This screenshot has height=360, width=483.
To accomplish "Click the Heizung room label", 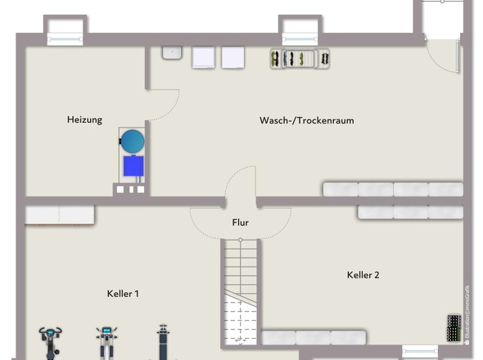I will pyautogui.click(x=84, y=120).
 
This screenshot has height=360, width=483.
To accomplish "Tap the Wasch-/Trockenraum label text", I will pyautogui.click(x=306, y=120).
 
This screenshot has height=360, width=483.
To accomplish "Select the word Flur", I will pyautogui.click(x=240, y=222).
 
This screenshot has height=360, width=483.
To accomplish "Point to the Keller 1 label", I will pyautogui.click(x=123, y=293).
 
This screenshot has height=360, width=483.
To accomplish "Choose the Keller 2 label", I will pyautogui.click(x=363, y=275).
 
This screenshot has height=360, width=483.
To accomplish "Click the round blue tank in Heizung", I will pyautogui.click(x=133, y=139).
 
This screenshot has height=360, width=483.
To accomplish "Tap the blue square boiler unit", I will pyautogui.click(x=133, y=166).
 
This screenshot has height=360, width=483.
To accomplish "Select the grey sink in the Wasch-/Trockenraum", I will pyautogui.click(x=172, y=53).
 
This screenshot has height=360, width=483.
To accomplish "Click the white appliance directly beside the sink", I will pyautogui.click(x=203, y=56).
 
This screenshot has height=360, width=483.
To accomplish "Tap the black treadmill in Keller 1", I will pyautogui.click(x=165, y=342).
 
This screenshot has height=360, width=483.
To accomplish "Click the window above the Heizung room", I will pyautogui.click(x=63, y=31).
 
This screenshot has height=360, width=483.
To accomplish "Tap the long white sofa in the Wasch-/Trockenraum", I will pyautogui.click(x=392, y=189).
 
